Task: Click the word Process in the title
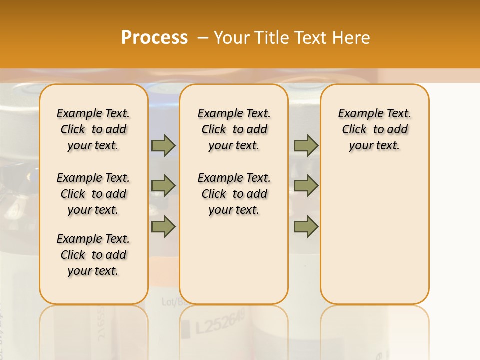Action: pos(154,38)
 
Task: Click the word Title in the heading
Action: pos(273,38)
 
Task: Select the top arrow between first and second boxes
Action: pos(163,146)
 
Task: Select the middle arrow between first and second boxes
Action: pos(163,186)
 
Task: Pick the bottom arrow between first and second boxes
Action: pos(163,227)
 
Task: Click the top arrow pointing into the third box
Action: pos(306,146)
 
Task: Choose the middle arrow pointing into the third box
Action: pos(306,186)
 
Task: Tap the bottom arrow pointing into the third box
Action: pos(306,227)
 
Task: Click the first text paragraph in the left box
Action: pos(93,129)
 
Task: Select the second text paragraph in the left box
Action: pos(93,194)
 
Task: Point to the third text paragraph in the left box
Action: pos(93,255)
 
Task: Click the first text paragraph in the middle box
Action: pos(234,129)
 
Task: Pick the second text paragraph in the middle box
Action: pos(234,194)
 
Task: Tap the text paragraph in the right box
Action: pos(375,129)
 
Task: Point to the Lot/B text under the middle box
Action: pos(170,301)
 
